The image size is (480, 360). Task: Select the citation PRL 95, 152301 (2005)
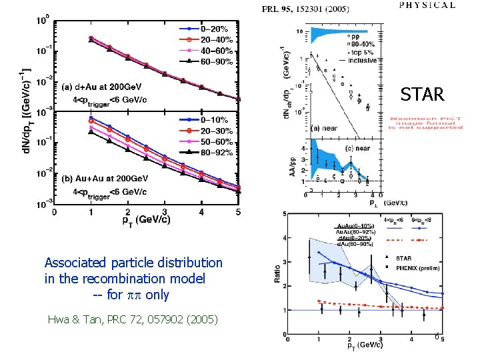click(x=303, y=9)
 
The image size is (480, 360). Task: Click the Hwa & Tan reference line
click(x=133, y=320)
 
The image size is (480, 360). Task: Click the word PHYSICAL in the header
click(x=427, y=5)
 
